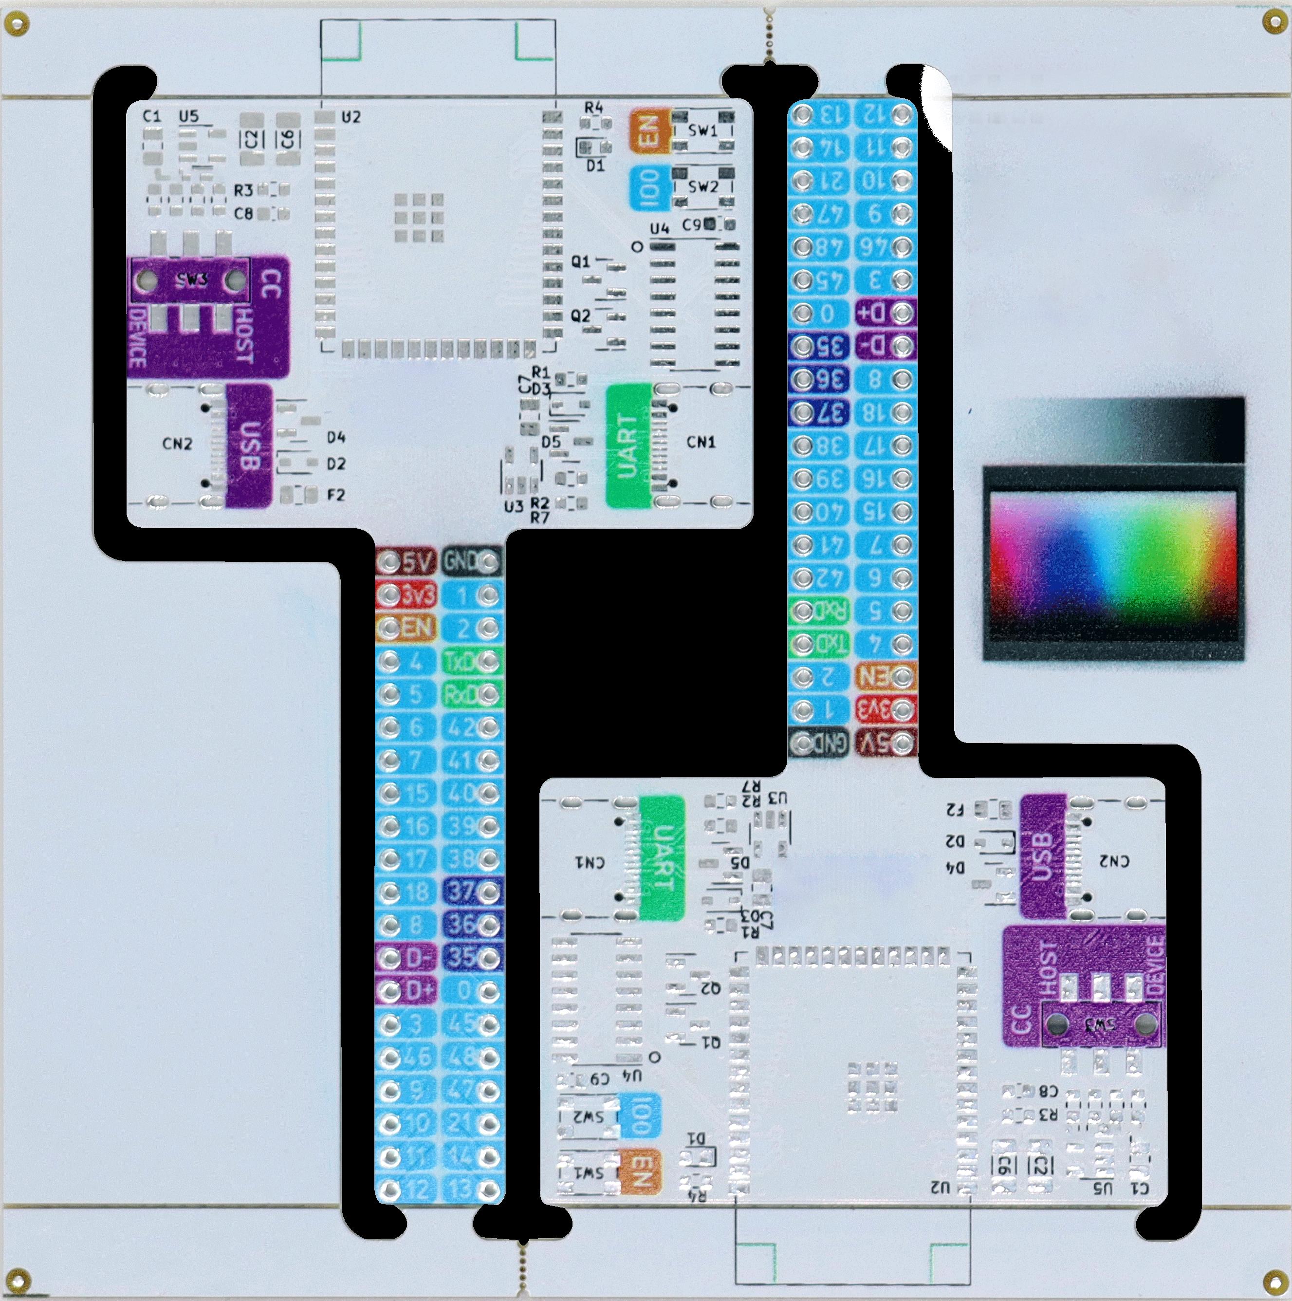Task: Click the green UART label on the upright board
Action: tap(628, 446)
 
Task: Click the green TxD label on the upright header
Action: tap(471, 661)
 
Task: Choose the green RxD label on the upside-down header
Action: tap(818, 610)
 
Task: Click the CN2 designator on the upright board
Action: tap(178, 444)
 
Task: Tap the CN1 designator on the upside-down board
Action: tap(591, 862)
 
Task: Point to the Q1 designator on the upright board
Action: tap(580, 261)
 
